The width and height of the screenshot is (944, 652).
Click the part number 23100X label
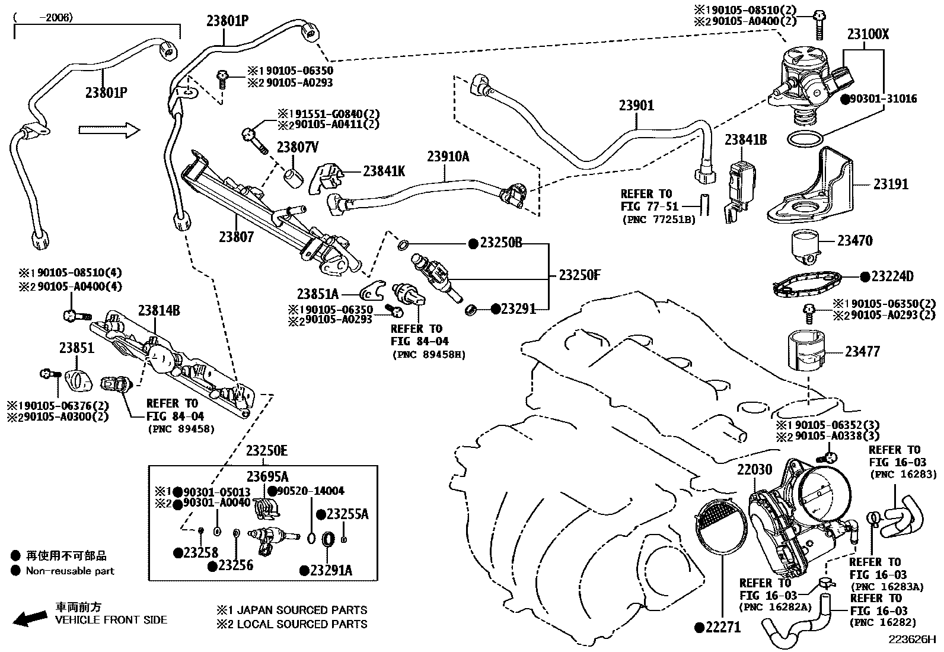(868, 34)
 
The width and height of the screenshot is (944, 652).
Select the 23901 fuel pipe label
(636, 105)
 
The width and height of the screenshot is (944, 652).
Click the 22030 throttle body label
(754, 469)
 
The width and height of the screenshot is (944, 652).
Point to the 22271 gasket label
(723, 627)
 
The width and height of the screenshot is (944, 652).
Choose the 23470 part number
(854, 241)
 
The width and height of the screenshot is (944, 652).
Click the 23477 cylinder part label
(862, 351)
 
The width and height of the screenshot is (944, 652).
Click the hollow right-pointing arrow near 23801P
(110, 130)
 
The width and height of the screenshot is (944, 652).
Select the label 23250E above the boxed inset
(267, 451)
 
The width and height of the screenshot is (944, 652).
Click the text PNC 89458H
(429, 354)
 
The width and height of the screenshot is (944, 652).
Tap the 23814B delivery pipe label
(159, 310)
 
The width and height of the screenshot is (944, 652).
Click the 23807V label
(298, 147)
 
